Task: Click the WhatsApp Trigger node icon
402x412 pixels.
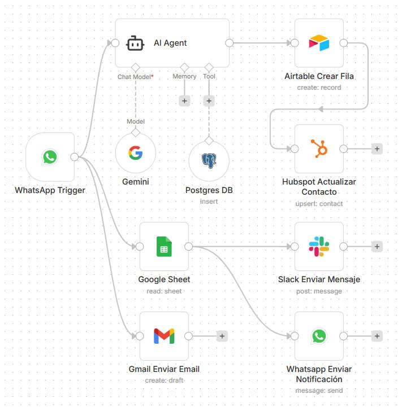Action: pyautogui.click(x=50, y=157)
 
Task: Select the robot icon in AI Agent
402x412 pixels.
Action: pyautogui.click(x=135, y=43)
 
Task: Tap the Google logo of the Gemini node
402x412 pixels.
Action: pyautogui.click(x=135, y=153)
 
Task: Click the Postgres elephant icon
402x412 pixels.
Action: pyautogui.click(x=209, y=161)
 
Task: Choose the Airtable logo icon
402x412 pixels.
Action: pyautogui.click(x=319, y=43)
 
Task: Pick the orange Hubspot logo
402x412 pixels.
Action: pyautogui.click(x=319, y=148)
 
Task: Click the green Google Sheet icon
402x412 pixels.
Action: pyautogui.click(x=164, y=247)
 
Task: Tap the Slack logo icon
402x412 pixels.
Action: pyautogui.click(x=319, y=247)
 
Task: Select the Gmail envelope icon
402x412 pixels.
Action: pyautogui.click(x=164, y=336)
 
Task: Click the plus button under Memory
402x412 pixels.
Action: pyautogui.click(x=184, y=100)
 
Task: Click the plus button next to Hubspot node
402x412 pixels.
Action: pyautogui.click(x=377, y=148)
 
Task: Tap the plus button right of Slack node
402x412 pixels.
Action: pyautogui.click(x=377, y=247)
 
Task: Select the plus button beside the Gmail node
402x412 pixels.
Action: pyautogui.click(x=222, y=336)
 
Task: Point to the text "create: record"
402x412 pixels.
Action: pyautogui.click(x=319, y=87)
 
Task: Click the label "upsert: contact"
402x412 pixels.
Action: pyautogui.click(x=319, y=203)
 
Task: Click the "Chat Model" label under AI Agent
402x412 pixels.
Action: pyautogui.click(x=135, y=76)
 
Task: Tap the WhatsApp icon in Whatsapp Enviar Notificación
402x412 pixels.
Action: pyautogui.click(x=319, y=336)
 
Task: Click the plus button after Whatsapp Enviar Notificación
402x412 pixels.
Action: pyautogui.click(x=377, y=336)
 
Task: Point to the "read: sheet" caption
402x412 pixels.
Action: pyautogui.click(x=164, y=291)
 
